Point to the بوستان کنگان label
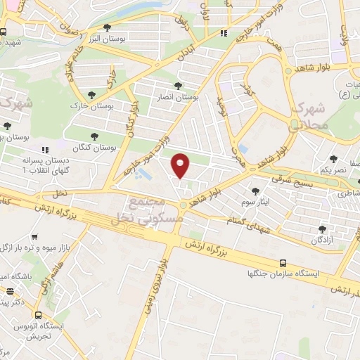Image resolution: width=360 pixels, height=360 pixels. [94, 148]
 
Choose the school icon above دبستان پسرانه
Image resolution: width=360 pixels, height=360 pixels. [46, 150]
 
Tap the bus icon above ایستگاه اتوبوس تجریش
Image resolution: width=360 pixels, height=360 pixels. [39, 316]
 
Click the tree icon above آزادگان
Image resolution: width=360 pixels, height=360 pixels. [322, 229]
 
